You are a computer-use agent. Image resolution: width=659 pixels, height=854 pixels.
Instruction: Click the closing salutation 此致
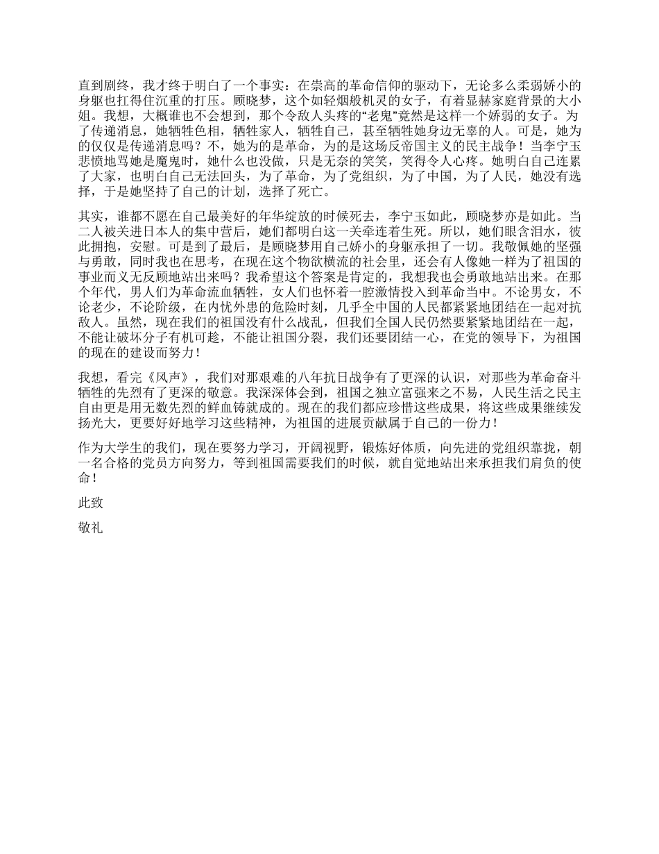click(91, 503)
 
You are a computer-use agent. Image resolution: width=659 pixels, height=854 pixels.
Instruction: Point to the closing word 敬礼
click(91, 528)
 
